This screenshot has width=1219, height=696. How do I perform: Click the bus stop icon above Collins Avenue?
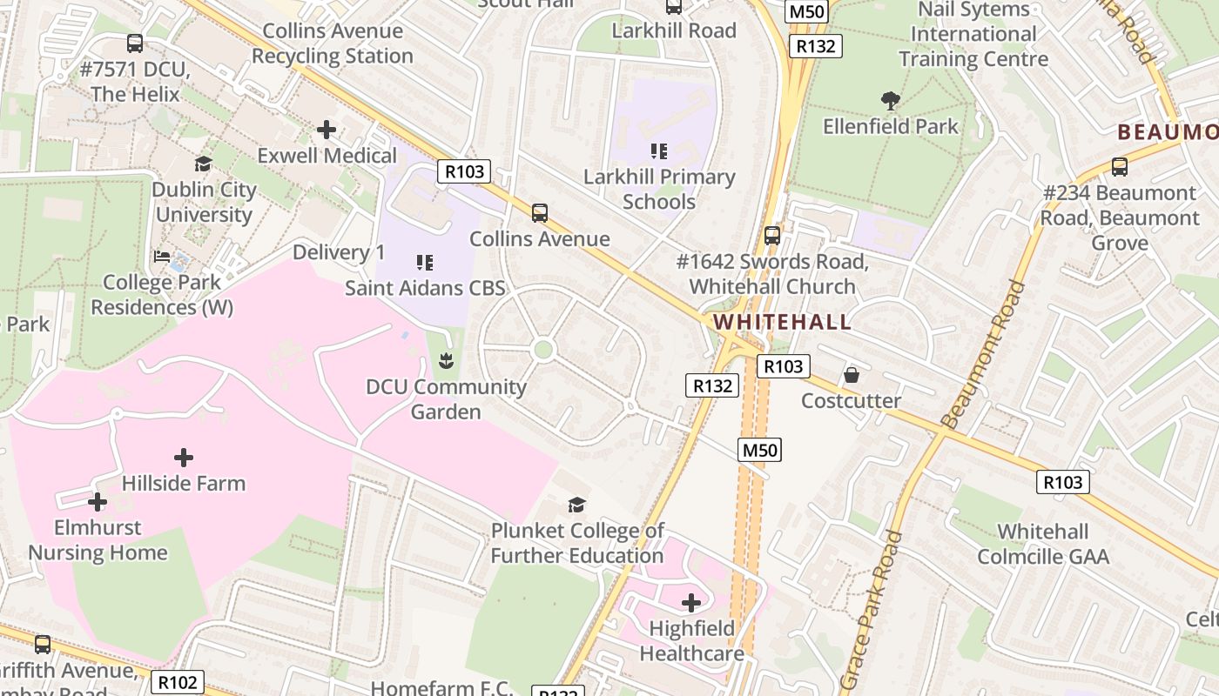pyautogui.click(x=540, y=213)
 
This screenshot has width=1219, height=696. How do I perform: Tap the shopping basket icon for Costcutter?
pyautogui.click(x=852, y=375)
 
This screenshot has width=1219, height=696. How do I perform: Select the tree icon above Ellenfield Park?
pyautogui.click(x=890, y=101)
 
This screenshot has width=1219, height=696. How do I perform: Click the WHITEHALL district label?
pyautogui.click(x=782, y=322)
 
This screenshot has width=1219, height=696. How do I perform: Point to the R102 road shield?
pyautogui.click(x=178, y=682)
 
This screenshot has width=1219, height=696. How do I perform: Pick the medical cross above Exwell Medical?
pyautogui.click(x=327, y=130)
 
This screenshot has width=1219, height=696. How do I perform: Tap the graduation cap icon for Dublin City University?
pyautogui.click(x=204, y=164)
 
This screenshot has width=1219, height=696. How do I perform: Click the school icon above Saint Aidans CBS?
pyautogui.click(x=425, y=262)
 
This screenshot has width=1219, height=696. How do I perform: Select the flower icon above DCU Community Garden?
pyautogui.click(x=446, y=361)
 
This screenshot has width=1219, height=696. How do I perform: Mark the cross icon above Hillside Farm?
pyautogui.click(x=184, y=458)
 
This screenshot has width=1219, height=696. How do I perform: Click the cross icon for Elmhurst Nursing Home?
pyautogui.click(x=98, y=502)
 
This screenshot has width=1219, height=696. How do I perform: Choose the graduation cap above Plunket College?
pyautogui.click(x=576, y=505)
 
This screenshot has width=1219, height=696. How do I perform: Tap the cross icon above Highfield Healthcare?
pyautogui.click(x=691, y=603)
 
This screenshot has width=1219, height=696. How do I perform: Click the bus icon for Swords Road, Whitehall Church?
pyautogui.click(x=772, y=236)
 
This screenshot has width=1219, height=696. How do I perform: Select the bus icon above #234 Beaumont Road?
pyautogui.click(x=1120, y=167)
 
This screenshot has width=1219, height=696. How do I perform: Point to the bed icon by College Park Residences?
pyautogui.click(x=163, y=257)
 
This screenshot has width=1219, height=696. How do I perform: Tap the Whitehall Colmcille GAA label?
pyautogui.click(x=1043, y=544)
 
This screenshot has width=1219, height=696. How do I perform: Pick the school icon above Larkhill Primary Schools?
pyautogui.click(x=659, y=151)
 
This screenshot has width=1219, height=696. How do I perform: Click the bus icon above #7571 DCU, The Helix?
pyautogui.click(x=135, y=43)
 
